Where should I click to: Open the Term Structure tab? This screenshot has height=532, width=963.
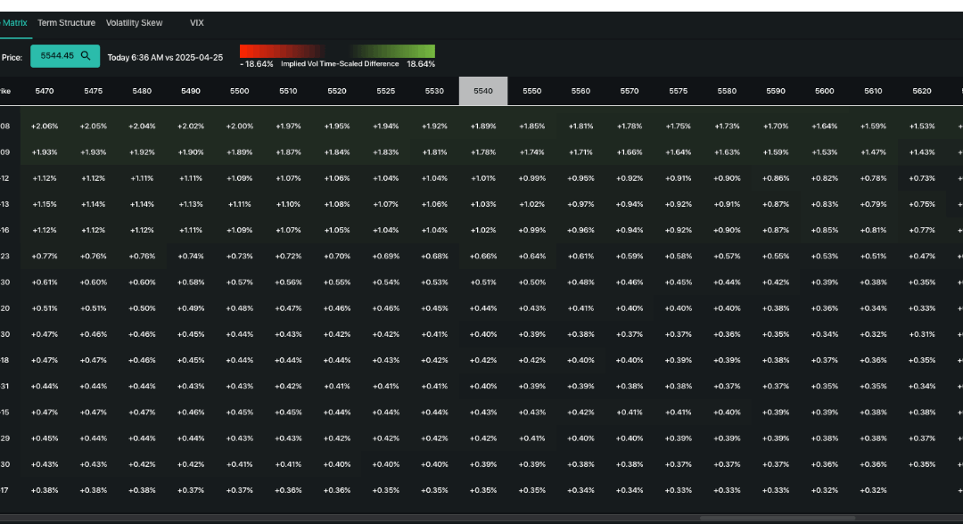pyautogui.click(x=66, y=22)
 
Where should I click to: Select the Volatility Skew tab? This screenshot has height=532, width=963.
pyautogui.click(x=135, y=22)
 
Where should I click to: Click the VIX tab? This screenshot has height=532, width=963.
pyautogui.click(x=197, y=22)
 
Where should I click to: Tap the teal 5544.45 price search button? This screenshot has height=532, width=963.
pyautogui.click(x=65, y=56)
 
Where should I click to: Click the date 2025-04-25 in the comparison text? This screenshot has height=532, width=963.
pyautogui.click(x=197, y=57)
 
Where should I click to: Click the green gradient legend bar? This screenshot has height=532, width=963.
pyautogui.click(x=394, y=52)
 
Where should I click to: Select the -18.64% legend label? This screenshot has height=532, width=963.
pyautogui.click(x=257, y=64)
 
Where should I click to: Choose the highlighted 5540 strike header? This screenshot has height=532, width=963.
pyautogui.click(x=483, y=91)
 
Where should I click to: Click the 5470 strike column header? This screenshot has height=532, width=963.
pyautogui.click(x=45, y=91)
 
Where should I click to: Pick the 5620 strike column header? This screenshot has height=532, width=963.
pyautogui.click(x=922, y=91)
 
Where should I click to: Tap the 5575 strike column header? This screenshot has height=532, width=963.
pyautogui.click(x=678, y=91)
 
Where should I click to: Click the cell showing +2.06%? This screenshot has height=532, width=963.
pyautogui.click(x=45, y=127)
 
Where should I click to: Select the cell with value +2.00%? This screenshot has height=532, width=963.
pyautogui.click(x=240, y=127)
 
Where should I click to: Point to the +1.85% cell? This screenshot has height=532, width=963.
pyautogui.click(x=532, y=127)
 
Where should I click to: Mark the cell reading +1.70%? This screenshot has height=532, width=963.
pyautogui.click(x=776, y=127)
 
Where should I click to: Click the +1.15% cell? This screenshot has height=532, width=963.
pyautogui.click(x=45, y=205)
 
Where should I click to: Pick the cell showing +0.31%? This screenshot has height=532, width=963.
pyautogui.click(x=922, y=334)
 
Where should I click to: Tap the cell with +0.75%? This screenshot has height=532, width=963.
pyautogui.click(x=922, y=205)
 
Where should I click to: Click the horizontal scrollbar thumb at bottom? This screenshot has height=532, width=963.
pyautogui.click(x=778, y=518)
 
